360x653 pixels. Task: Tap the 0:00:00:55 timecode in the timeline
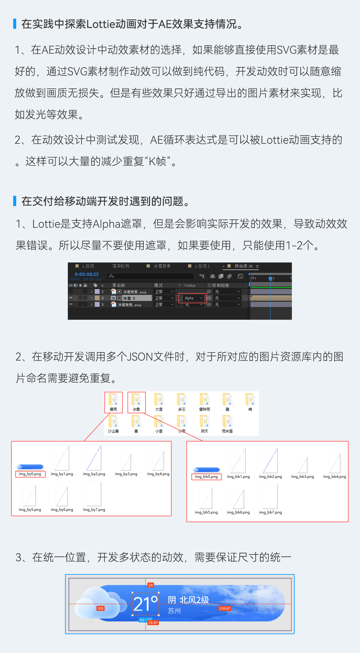86,274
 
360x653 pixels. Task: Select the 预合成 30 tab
243,266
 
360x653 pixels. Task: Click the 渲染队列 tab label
121,266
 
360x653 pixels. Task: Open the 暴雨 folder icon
114,400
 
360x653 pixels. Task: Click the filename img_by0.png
30,474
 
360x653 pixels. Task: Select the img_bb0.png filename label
206,477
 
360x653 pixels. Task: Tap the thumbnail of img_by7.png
94,494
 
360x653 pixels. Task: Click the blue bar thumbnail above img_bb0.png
206,470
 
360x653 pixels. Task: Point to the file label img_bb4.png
334,477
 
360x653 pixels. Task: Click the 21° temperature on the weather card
145,604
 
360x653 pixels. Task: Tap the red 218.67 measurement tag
225,608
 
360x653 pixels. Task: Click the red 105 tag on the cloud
100,608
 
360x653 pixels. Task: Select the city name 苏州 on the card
174,611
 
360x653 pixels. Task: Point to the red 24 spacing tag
151,585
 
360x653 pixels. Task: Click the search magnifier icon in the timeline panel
111,276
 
